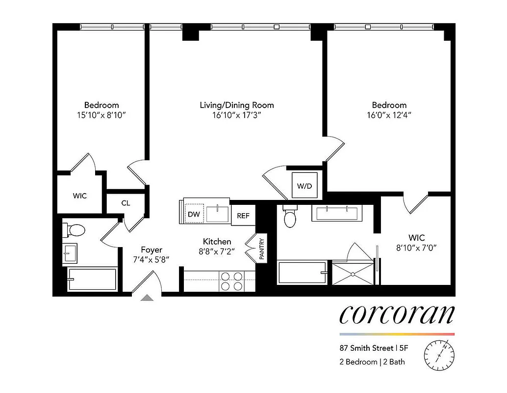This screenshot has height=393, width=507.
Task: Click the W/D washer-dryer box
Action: point(304,186)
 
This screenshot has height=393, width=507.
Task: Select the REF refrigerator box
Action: point(243,215)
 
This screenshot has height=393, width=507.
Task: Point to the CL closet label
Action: point(126,202)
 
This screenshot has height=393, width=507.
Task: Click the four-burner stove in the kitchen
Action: point(232,281)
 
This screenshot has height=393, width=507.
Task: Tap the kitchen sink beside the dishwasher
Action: point(217,214)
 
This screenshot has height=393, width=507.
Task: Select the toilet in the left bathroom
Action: point(75,229)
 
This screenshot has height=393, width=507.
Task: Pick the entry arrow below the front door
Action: point(147,297)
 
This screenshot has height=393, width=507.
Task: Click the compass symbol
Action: point(439,353)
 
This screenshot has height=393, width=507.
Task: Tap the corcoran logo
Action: point(397,314)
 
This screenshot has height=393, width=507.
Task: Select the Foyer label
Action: point(152,250)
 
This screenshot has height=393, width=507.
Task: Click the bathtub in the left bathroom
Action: point(92,280)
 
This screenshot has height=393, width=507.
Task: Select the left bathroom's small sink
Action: point(69,253)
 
